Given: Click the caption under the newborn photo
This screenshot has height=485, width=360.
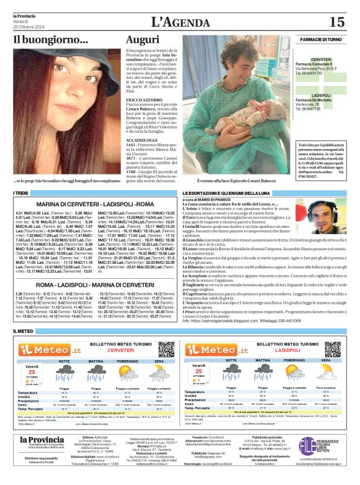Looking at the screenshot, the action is click(235, 180).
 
